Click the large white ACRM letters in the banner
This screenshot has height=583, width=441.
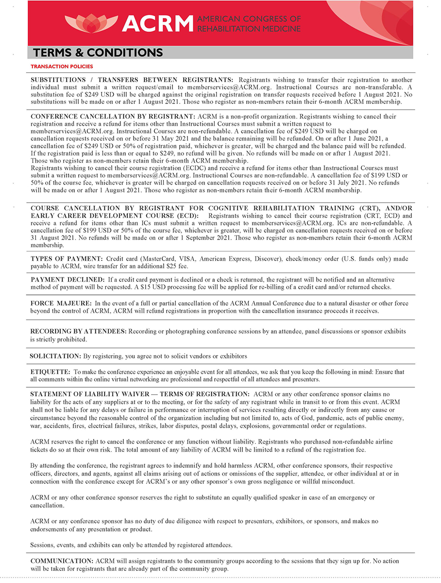(x=158, y=23)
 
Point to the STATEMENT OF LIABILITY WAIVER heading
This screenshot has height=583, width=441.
(x=140, y=394)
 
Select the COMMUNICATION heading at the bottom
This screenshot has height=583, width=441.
(x=62, y=561)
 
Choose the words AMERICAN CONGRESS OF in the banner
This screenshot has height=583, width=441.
(x=249, y=19)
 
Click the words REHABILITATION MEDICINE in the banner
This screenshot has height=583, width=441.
(x=249, y=28)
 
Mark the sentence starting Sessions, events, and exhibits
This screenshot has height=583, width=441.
(x=131, y=544)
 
